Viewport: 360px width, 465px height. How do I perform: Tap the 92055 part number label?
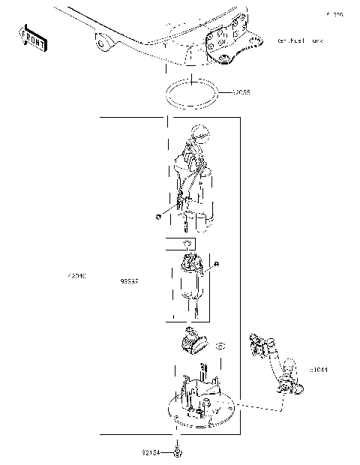coord(240,93)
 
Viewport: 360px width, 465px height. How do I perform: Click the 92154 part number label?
coord(151,453)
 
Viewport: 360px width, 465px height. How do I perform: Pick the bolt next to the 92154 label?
coord(178,453)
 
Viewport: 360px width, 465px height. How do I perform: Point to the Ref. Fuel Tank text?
coord(300,40)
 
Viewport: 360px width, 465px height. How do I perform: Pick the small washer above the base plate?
coord(220,346)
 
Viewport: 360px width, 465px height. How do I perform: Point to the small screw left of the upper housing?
coord(159,216)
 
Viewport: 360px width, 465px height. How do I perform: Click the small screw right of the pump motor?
coord(216,264)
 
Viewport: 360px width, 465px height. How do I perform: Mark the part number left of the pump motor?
coord(129,282)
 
